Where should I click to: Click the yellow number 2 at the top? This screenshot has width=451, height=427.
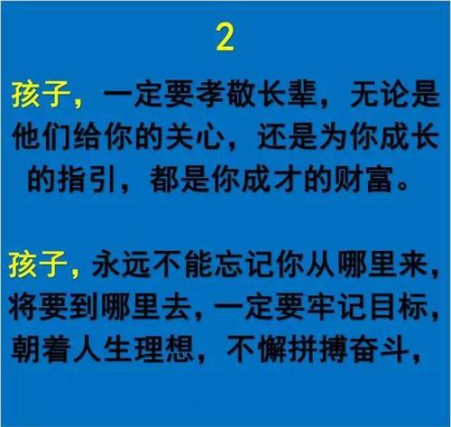[225, 37]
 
